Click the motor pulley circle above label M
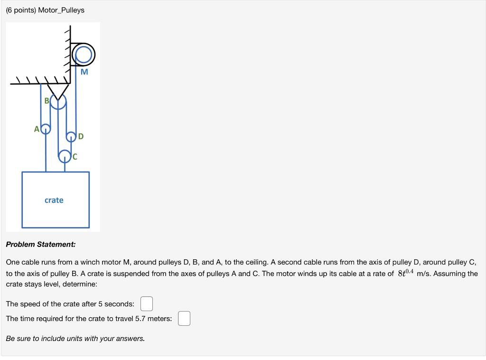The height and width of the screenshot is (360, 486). (x=84, y=55)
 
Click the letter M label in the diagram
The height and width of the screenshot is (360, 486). (x=84, y=72)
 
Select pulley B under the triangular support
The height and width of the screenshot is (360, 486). (x=58, y=102)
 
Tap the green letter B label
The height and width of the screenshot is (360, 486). (x=47, y=101)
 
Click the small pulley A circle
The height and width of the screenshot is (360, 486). (x=46, y=129)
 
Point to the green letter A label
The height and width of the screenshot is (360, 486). (x=37, y=129)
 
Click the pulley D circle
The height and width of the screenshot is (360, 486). (x=71, y=137)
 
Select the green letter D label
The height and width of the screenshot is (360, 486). (x=81, y=137)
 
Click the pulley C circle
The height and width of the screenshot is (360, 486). (x=65, y=155)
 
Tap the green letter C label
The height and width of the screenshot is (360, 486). (x=75, y=156)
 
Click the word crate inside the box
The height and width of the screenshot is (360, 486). (x=54, y=200)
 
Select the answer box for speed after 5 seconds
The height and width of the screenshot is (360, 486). (x=146, y=303)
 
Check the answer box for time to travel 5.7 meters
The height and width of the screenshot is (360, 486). (x=184, y=319)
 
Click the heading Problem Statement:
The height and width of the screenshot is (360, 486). (x=40, y=245)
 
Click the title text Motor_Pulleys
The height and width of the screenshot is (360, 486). (x=61, y=10)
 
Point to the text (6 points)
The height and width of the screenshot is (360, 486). (x=21, y=10)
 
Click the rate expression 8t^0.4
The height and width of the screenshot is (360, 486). (x=406, y=273)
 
